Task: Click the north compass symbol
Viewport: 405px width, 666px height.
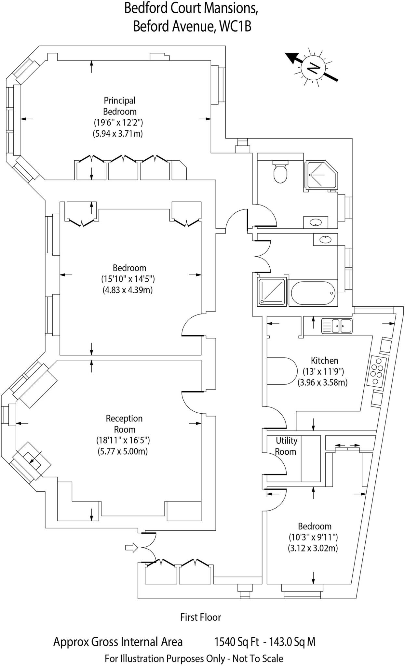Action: (x=313, y=67)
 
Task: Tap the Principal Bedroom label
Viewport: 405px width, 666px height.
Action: (x=119, y=106)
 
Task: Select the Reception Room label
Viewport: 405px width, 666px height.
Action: (x=124, y=424)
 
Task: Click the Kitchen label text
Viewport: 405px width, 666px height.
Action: (x=324, y=360)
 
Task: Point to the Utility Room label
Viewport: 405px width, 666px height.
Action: (x=286, y=446)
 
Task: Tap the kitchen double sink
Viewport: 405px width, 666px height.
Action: (x=337, y=326)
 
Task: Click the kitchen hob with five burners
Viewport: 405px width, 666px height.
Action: (x=378, y=371)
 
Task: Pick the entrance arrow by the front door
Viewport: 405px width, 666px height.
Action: (x=131, y=548)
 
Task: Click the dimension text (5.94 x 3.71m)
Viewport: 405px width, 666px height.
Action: (x=118, y=134)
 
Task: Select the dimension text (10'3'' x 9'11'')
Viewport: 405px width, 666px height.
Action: (x=313, y=537)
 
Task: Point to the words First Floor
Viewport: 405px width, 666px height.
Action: (x=200, y=617)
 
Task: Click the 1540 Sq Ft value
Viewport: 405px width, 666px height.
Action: (x=236, y=642)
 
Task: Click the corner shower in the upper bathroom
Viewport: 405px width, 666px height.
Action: (x=320, y=175)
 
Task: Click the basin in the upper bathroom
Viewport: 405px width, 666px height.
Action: (x=316, y=223)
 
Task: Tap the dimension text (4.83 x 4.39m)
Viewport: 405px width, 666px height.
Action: (x=128, y=290)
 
